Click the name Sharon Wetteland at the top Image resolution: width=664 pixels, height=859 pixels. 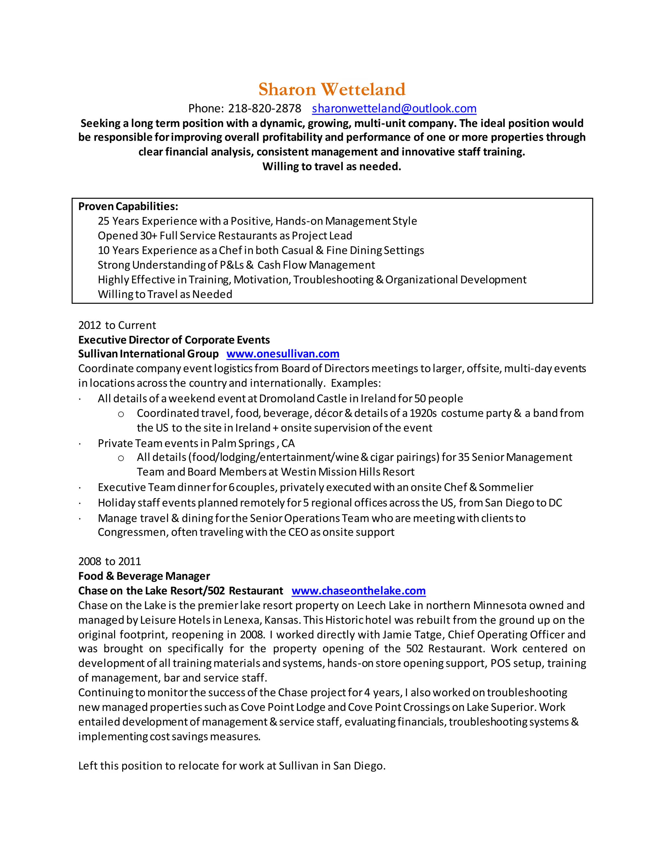pos(332,89)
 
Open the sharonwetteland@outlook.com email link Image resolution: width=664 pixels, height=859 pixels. pos(394,108)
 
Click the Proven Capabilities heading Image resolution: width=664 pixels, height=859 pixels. pos(128,206)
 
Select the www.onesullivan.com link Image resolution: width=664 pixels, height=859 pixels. pos(283,354)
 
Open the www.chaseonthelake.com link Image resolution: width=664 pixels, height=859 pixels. pos(358,590)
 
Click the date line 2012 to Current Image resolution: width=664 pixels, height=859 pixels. pos(117,325)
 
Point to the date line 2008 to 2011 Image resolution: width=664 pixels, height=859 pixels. pos(109,561)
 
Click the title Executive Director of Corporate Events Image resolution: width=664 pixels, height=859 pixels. pos(174,339)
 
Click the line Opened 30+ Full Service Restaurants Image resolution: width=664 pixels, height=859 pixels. pos(225,236)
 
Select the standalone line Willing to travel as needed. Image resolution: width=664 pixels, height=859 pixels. pos(332,166)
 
